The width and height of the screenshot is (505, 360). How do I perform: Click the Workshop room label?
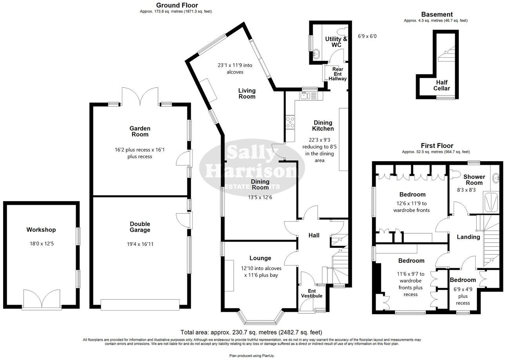41,230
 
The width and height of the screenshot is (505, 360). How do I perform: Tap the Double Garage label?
140,227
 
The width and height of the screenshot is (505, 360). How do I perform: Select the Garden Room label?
140,131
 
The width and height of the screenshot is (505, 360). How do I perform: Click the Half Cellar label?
441,85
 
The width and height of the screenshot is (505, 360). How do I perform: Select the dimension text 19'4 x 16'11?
140,244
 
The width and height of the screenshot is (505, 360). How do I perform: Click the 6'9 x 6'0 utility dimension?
368,36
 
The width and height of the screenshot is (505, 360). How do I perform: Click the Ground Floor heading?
177,5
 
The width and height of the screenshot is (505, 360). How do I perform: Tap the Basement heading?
437,15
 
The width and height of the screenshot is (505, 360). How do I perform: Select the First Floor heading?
437,145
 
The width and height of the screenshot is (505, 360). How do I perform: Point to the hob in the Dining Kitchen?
291,122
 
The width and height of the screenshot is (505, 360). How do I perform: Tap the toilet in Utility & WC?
341,31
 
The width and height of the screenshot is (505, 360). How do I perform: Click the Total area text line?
251,332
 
